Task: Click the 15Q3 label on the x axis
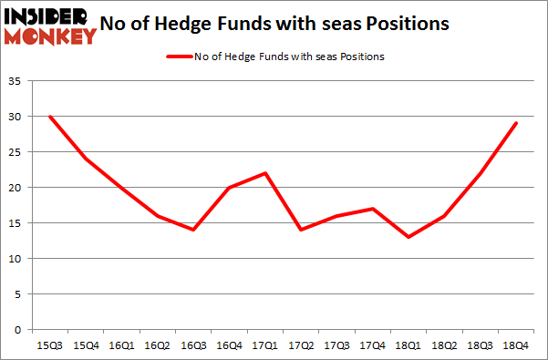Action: pyautogui.click(x=50, y=345)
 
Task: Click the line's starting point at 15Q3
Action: pyautogui.click(x=50, y=117)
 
